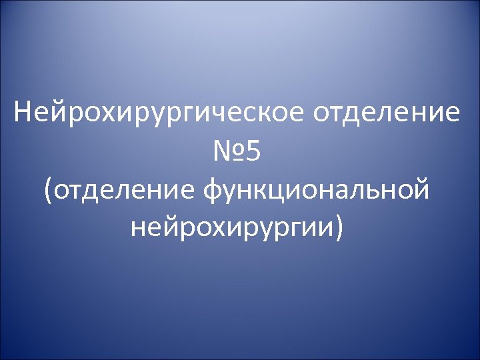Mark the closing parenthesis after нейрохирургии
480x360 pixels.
click(341, 229)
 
